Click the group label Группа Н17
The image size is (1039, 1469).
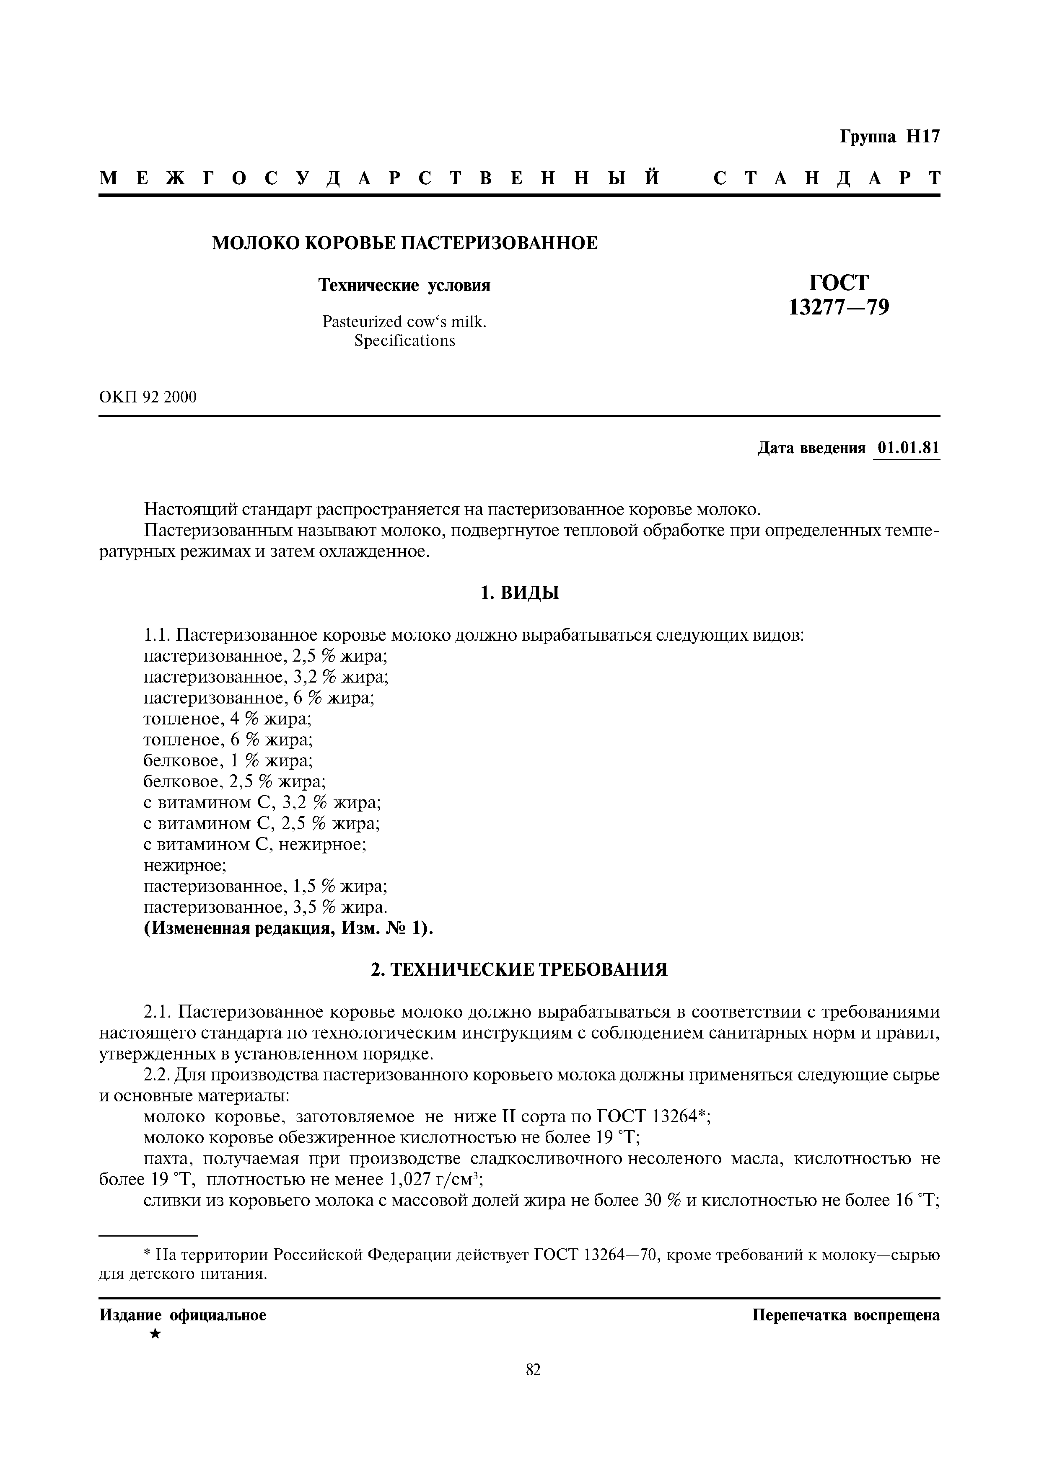click(889, 137)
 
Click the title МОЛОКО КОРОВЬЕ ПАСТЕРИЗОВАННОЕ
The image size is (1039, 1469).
click(404, 243)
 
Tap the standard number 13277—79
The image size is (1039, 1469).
click(839, 308)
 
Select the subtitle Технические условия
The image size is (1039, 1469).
click(404, 285)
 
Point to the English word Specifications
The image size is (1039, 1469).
click(404, 341)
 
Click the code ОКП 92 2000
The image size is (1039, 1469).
click(148, 397)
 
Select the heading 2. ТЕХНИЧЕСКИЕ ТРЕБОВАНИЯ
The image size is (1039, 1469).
click(519, 969)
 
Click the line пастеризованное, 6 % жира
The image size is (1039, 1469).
click(259, 697)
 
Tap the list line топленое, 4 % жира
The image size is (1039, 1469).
click(227, 719)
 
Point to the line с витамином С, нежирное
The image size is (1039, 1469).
click(255, 845)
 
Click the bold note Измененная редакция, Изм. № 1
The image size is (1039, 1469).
click(288, 928)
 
